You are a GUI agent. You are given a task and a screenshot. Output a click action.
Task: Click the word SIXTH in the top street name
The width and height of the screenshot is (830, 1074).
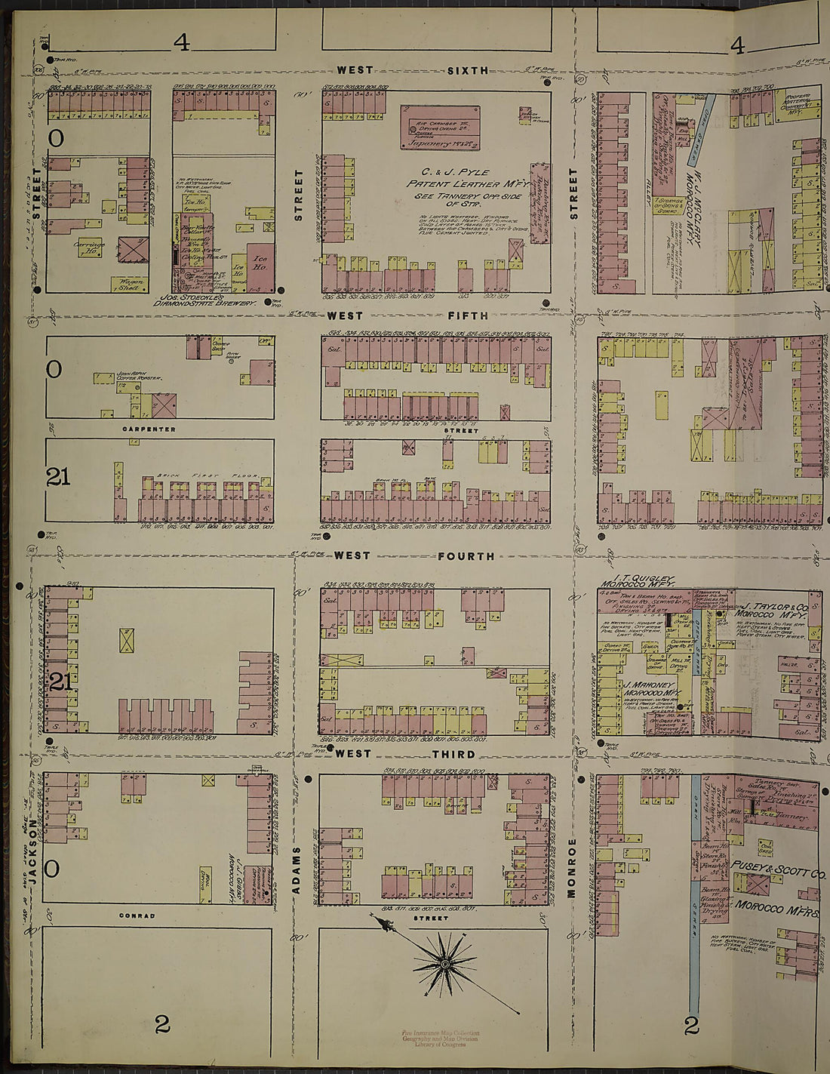point(468,70)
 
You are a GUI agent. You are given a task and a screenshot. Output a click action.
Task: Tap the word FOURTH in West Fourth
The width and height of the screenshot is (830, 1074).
point(466,556)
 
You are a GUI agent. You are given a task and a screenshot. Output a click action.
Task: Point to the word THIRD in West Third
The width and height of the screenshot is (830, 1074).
point(453,754)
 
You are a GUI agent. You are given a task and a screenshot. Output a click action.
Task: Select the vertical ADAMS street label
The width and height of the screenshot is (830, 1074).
point(297,870)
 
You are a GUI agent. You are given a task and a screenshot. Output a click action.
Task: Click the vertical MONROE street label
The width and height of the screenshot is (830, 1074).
point(572,868)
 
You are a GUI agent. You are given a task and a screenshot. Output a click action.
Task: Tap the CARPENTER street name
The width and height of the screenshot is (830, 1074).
point(149,429)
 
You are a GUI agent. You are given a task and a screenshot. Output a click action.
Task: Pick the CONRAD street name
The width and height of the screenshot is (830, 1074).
point(137,916)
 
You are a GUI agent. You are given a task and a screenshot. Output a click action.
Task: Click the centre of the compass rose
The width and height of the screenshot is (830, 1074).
point(445,964)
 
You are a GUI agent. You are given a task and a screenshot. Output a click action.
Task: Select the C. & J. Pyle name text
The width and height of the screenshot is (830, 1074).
point(448,173)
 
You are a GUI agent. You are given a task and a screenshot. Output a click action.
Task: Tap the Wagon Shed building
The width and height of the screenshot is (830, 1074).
point(128,285)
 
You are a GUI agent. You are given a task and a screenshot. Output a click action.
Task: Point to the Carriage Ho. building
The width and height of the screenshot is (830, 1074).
point(89,248)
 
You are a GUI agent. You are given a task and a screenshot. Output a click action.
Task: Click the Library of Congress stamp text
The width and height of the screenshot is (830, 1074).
point(441,1044)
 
